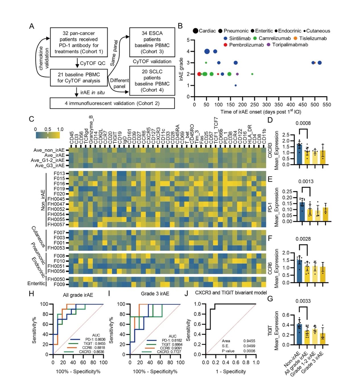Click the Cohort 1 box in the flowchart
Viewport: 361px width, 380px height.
pyautogui.click(x=79, y=42)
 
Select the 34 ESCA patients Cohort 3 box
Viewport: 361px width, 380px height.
pyautogui.click(x=152, y=42)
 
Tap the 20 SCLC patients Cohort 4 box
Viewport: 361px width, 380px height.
pyautogui.click(x=152, y=81)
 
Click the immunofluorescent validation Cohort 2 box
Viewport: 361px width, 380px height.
pyautogui.click(x=112, y=103)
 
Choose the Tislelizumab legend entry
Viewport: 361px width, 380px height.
pyautogui.click(x=311, y=38)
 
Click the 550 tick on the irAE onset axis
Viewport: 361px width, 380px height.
pyautogui.click(x=327, y=104)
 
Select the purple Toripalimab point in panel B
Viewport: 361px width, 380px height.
pyautogui.click(x=237, y=74)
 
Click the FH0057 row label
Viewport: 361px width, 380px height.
pyautogui.click(x=56, y=225)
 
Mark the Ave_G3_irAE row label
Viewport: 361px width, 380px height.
pyautogui.click(x=50, y=166)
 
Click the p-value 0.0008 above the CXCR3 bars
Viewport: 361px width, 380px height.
pyautogui.click(x=303, y=123)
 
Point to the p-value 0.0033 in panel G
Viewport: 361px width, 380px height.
pyautogui.click(x=303, y=301)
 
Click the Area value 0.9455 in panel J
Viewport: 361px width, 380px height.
pyautogui.click(x=249, y=341)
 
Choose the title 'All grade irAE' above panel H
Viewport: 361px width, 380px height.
pyautogui.click(x=78, y=295)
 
